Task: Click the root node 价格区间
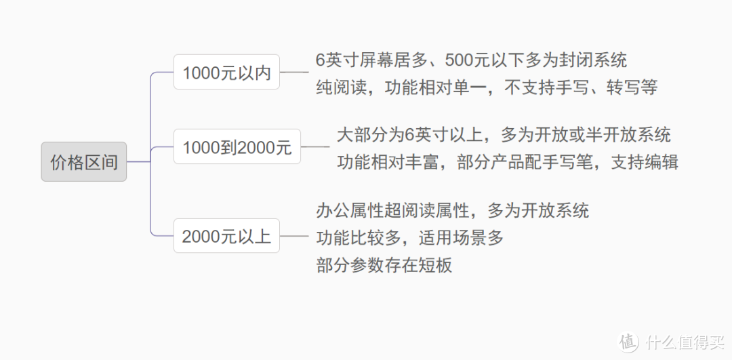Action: (x=83, y=162)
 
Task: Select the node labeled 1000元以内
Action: (x=226, y=73)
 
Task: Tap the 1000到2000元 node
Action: (x=237, y=146)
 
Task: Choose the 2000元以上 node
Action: (x=226, y=236)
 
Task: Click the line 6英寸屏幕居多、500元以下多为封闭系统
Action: (x=471, y=60)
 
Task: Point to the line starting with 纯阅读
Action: (x=486, y=87)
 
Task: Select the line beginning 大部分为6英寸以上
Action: (x=504, y=134)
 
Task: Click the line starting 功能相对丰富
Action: (x=507, y=162)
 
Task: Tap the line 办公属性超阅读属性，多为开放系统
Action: (x=452, y=210)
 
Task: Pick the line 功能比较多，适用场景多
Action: (x=409, y=237)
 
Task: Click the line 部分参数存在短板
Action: (x=384, y=265)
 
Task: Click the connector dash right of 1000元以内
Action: (x=294, y=72)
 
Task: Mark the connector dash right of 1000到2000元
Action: (x=314, y=146)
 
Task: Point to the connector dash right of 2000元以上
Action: (x=294, y=236)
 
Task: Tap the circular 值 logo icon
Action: (x=629, y=341)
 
